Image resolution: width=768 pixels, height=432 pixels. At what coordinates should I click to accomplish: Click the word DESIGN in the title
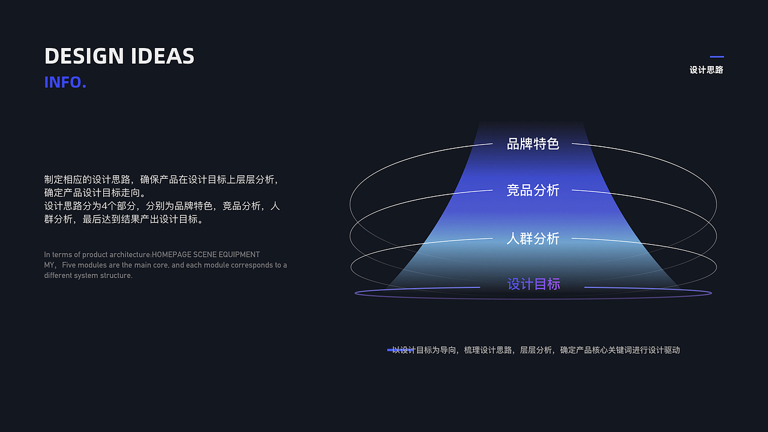pos(84,56)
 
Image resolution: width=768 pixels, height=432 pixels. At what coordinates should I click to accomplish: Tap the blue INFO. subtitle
pos(65,82)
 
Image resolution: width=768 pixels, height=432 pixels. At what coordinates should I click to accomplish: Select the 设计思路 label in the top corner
pos(706,70)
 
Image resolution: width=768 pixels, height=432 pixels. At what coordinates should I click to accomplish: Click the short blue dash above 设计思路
pos(716,57)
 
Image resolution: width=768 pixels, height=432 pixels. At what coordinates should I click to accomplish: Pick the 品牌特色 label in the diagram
pos(533,144)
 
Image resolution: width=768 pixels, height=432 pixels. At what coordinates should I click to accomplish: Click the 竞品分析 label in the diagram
pos(533,191)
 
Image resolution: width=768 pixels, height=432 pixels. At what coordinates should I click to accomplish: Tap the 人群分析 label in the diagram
pos(533,239)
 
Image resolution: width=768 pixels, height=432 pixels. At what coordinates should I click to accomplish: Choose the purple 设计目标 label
pos(533,284)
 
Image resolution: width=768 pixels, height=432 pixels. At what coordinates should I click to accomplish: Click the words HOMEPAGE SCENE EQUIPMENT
pos(206,254)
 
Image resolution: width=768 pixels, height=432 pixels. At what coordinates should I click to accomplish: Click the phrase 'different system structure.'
pos(88,275)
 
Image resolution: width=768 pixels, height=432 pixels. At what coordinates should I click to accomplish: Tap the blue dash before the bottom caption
pos(399,350)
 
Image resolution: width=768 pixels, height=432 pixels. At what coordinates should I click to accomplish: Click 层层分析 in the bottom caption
pos(536,350)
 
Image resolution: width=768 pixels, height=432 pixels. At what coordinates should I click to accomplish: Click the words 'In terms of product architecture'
pos(97,254)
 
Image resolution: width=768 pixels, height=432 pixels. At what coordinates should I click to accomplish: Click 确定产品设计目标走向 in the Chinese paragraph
pos(92,193)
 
